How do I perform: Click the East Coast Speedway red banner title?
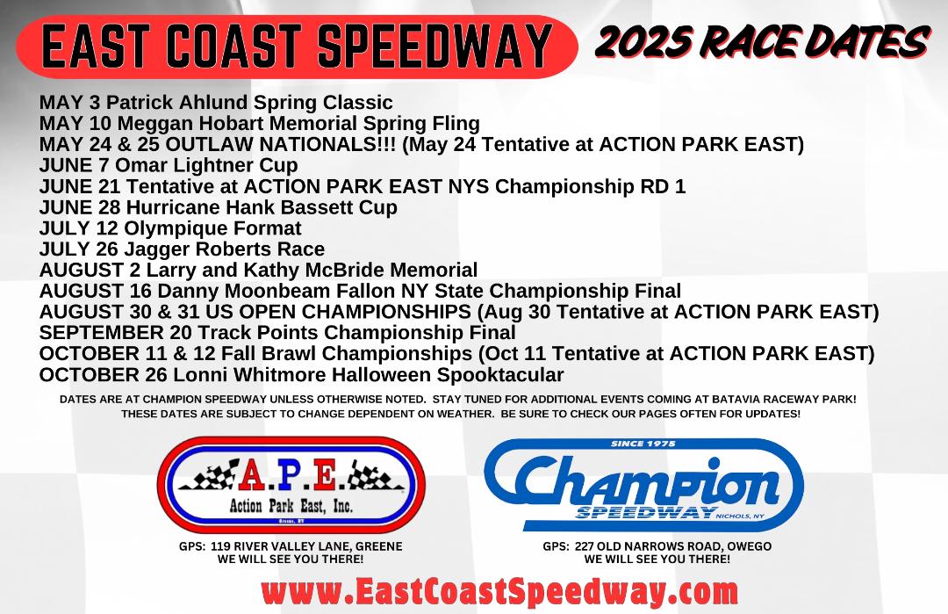coord(297,47)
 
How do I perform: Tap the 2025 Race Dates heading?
coord(762,42)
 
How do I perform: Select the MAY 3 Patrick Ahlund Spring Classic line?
coord(216,102)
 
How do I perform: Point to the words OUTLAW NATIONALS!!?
coord(281,144)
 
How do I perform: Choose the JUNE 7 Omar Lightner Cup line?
coord(169,165)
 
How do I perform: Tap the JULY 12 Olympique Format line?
coord(170,228)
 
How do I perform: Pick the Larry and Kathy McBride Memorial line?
coord(258,270)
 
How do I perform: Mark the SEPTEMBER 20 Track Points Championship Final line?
coord(277,332)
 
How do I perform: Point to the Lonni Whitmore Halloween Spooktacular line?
coord(302,374)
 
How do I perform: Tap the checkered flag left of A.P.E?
coord(209,475)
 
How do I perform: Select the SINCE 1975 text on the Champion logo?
coord(643,444)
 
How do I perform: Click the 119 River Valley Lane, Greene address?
coord(291,546)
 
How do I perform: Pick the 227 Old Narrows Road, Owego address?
coord(657,546)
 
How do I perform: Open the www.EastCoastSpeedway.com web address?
coord(499,591)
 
